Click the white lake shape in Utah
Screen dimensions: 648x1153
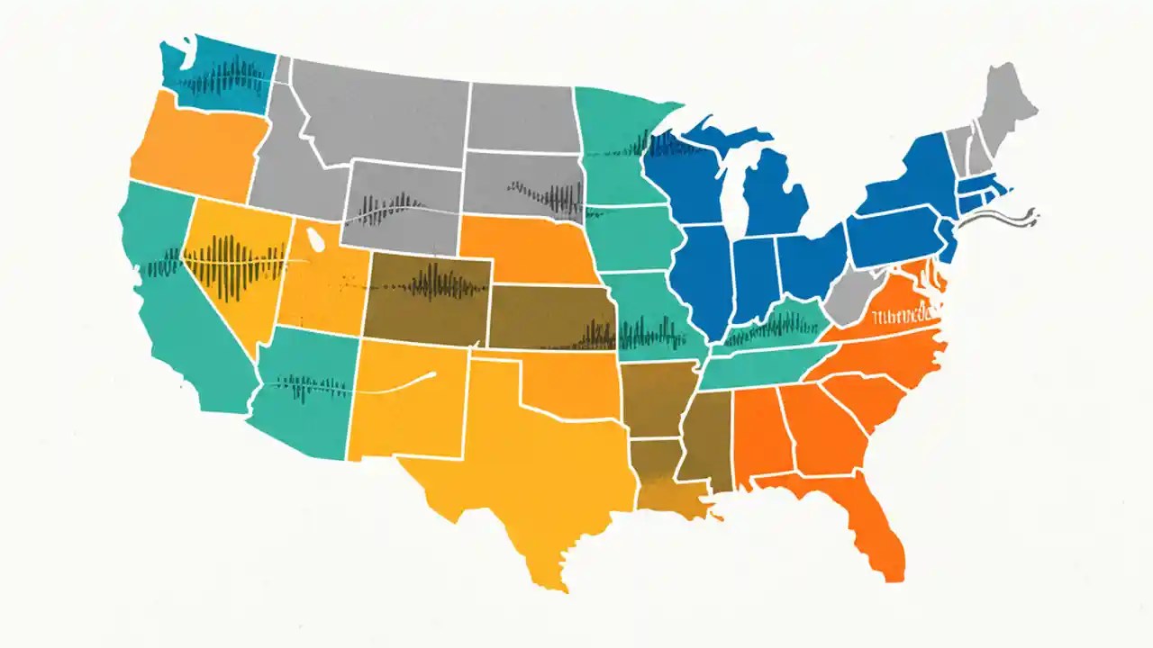tap(315, 240)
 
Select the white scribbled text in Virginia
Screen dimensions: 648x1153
tap(903, 316)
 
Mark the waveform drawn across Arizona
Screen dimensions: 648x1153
tap(306, 387)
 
